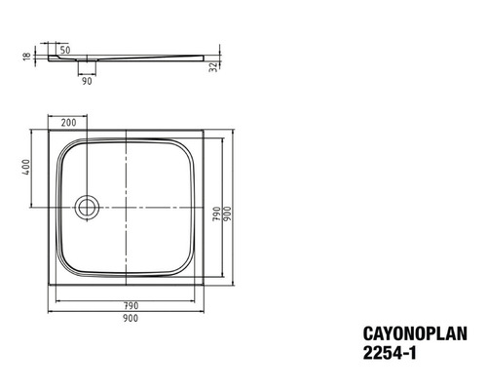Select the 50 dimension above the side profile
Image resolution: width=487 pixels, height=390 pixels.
point(64,48)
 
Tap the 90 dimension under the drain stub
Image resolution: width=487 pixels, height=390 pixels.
point(88,81)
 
